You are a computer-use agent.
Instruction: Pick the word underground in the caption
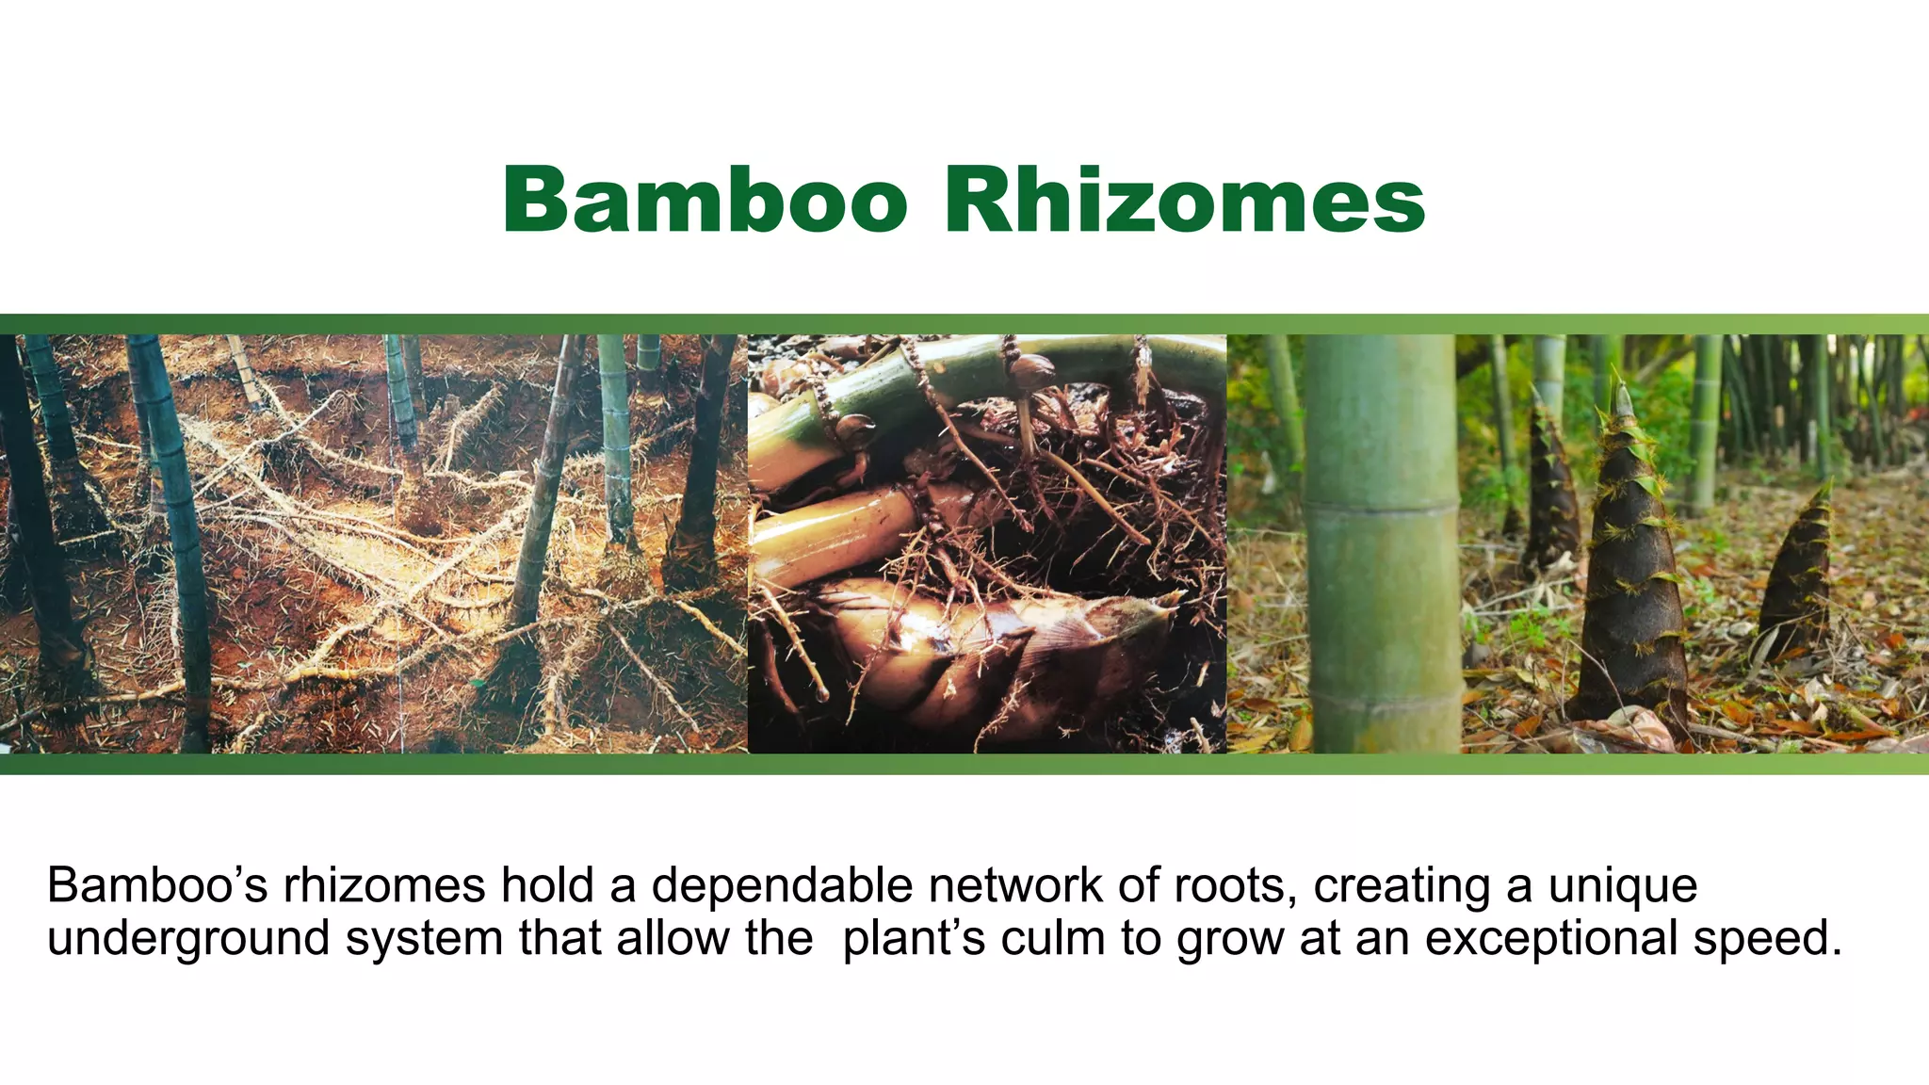(188, 940)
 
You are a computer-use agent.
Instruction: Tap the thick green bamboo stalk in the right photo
(1382, 546)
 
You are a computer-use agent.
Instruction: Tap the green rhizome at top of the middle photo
(942, 377)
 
